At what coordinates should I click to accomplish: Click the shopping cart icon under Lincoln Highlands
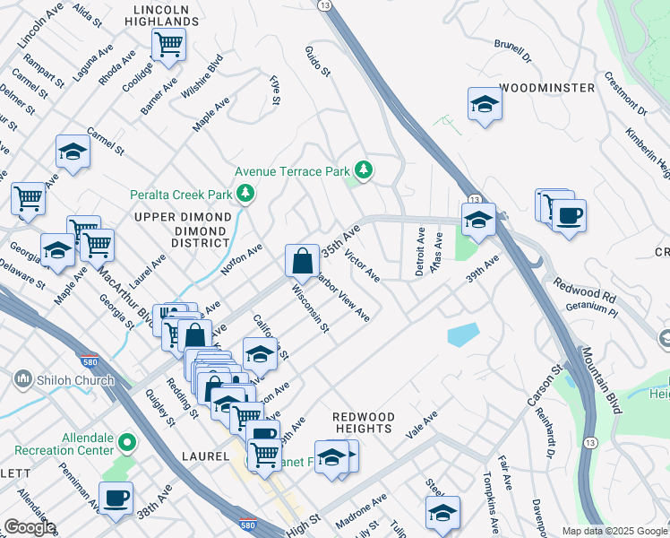click(167, 43)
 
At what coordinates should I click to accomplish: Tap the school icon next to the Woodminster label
click(485, 104)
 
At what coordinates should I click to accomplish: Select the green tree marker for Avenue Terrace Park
click(363, 169)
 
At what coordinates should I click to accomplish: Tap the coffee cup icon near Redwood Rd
click(568, 215)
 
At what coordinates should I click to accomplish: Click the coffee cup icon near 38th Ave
click(115, 498)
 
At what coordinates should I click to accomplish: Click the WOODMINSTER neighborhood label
click(546, 88)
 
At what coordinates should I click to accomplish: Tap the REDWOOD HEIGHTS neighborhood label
click(363, 423)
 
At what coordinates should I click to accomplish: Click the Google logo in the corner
click(29, 527)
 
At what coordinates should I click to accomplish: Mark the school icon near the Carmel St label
click(73, 151)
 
